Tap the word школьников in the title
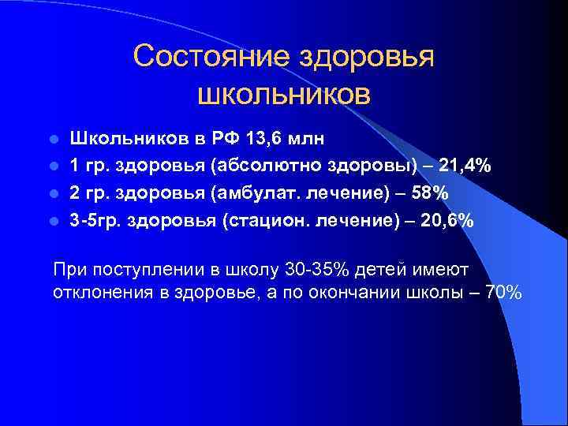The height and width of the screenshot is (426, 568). point(283,94)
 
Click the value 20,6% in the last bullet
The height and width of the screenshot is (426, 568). point(447,221)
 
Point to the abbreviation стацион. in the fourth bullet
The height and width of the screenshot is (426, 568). point(268,221)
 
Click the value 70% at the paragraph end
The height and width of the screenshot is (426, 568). point(503,292)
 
